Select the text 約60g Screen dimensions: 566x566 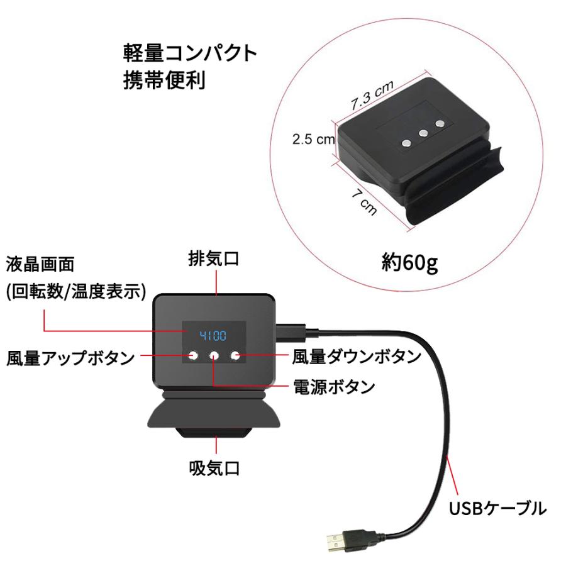pyautogui.click(x=409, y=261)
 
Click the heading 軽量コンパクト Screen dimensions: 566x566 pyautogui.click(x=190, y=53)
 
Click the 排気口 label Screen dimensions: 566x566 pyautogui.click(x=214, y=259)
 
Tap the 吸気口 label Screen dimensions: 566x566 pyautogui.click(x=214, y=468)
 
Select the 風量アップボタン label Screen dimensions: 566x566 pyautogui.click(x=70, y=358)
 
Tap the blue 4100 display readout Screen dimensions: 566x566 pyautogui.click(x=213, y=335)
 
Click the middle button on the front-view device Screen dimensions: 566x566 pyautogui.click(x=214, y=356)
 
